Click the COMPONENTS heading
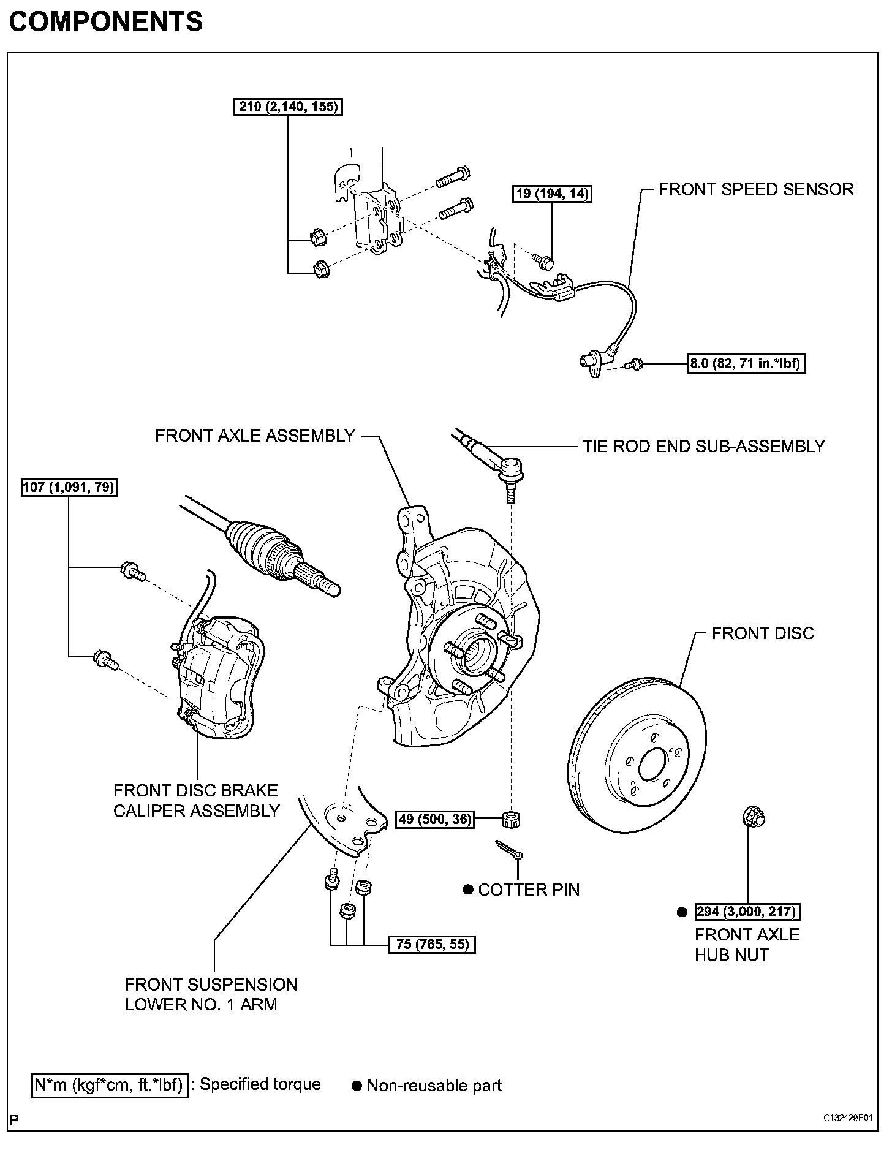105,23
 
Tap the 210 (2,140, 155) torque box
288,107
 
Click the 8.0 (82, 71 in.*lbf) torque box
746,363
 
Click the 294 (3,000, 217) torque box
747,912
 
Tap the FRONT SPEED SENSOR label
756,189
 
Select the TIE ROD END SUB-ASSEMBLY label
703,446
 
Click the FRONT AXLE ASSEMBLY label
255,436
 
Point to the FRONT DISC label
763,633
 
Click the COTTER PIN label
528,890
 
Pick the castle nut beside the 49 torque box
511,818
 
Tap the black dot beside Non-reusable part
357,1086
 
